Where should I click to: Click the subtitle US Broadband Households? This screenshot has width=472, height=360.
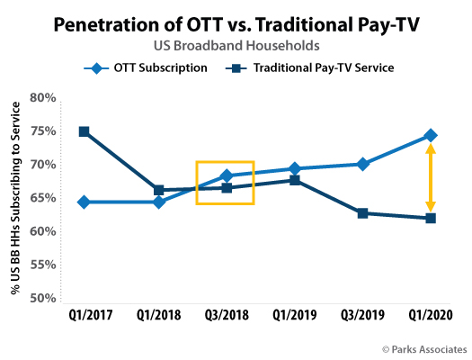[x=236, y=43]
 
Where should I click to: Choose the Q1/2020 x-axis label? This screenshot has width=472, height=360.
[x=431, y=316]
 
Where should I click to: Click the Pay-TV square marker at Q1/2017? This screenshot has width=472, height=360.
[x=84, y=131]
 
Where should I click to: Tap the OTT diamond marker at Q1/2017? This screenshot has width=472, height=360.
[x=84, y=202]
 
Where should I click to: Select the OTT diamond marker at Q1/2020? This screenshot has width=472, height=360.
[x=431, y=136]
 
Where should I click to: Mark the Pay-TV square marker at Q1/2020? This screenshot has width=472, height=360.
[x=431, y=219]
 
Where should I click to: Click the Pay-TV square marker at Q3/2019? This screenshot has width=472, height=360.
[x=362, y=213]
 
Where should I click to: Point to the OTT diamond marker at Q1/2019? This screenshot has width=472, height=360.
[x=294, y=169]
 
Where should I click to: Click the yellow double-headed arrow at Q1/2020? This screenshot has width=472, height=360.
[x=431, y=177]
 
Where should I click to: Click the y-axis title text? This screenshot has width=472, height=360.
[x=15, y=198]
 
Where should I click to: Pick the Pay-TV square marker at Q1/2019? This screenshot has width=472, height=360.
[x=294, y=180]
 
